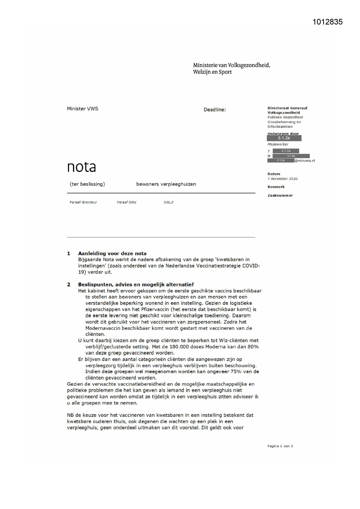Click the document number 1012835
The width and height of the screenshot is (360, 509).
pyautogui.click(x=327, y=22)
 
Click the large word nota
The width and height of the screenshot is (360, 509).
pyautogui.click(x=81, y=167)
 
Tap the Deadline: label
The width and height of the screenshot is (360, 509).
pyautogui.click(x=214, y=110)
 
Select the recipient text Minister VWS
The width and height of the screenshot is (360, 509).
pyautogui.click(x=82, y=109)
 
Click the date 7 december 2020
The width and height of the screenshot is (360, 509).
pyautogui.click(x=282, y=179)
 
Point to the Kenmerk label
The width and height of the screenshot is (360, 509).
pyautogui.click(x=276, y=187)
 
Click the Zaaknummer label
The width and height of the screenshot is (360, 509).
pyautogui.click(x=280, y=196)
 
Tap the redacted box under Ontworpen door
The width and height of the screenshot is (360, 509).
pyautogui.click(x=284, y=138)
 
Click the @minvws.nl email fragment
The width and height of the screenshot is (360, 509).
pyautogui.click(x=305, y=161)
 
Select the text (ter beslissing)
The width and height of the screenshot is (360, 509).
pyautogui.click(x=87, y=184)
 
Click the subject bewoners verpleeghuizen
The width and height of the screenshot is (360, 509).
pyautogui.click(x=166, y=184)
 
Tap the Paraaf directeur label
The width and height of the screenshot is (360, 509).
pyautogui.click(x=83, y=202)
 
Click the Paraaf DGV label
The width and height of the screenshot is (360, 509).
pyautogui.click(x=126, y=202)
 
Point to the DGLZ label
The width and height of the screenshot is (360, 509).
pyautogui.click(x=169, y=202)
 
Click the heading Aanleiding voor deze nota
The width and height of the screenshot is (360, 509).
pyautogui.click(x=112, y=253)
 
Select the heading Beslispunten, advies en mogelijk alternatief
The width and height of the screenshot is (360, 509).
pyautogui.click(x=136, y=284)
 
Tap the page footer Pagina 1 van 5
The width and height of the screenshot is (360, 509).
pyautogui.click(x=280, y=446)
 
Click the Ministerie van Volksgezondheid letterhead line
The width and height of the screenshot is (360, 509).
pyautogui.click(x=231, y=65)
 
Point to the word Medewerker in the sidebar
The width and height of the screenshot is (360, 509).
pyautogui.click(x=278, y=144)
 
